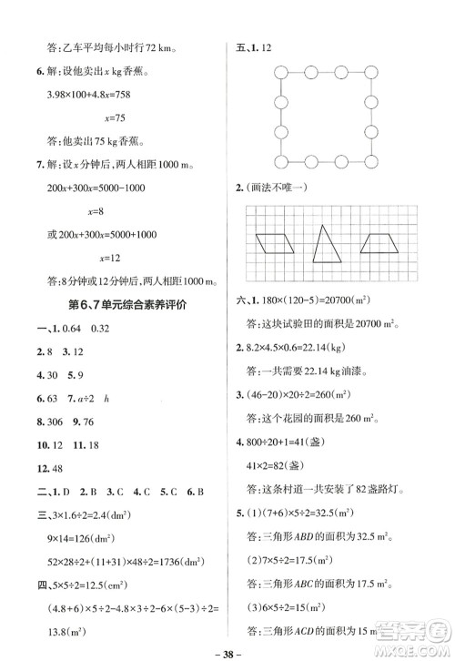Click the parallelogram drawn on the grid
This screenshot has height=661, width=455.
click(273, 243)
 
